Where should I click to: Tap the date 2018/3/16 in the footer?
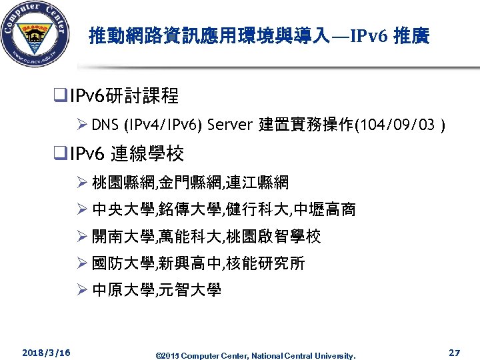click(46, 351)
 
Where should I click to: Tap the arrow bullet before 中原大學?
click(83, 290)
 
